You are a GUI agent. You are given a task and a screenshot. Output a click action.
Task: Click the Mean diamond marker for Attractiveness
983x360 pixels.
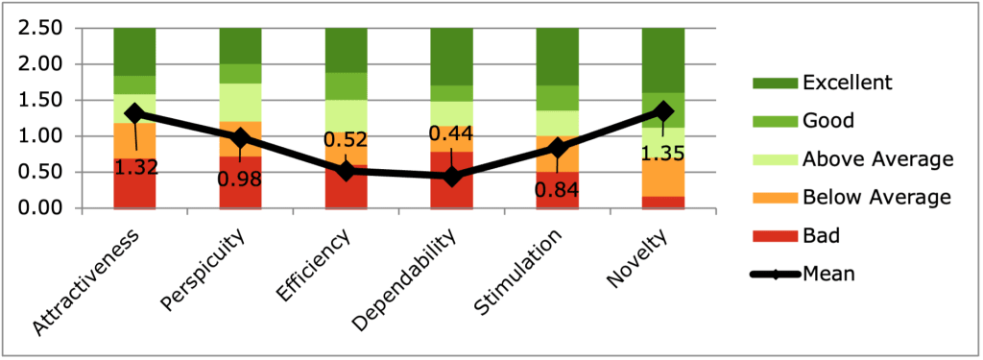[135, 113]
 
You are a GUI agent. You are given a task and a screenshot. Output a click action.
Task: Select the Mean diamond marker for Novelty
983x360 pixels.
[662, 111]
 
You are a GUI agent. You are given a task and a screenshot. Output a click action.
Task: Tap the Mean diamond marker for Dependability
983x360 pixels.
[451, 177]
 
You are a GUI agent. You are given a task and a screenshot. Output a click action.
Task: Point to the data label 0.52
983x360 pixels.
[347, 140]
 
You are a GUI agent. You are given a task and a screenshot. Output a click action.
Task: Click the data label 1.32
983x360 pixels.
[135, 167]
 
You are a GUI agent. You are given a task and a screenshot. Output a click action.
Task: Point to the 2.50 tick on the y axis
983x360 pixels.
[41, 29]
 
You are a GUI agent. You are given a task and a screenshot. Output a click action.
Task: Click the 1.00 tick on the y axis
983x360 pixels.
[41, 136]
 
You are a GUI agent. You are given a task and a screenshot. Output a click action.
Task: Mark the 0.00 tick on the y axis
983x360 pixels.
[41, 208]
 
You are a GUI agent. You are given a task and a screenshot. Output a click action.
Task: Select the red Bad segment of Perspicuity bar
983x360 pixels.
[240, 182]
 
